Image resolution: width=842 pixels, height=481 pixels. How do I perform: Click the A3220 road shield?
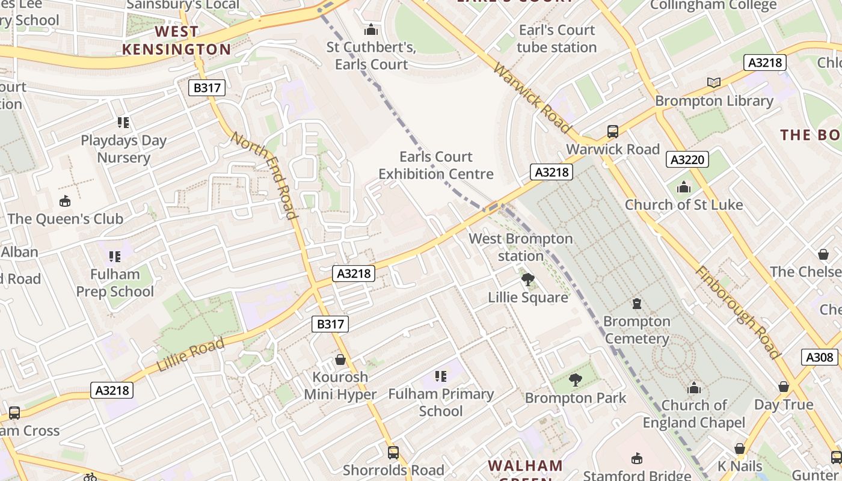pos(687,159)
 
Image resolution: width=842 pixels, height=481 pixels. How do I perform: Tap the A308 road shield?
pos(819,357)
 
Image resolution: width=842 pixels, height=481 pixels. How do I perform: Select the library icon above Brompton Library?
pos(714,83)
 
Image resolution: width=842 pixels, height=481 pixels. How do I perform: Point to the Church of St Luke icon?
pos(683,187)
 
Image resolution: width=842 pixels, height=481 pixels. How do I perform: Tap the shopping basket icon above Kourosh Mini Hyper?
pos(340,360)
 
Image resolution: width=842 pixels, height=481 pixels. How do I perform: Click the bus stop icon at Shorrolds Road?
pos(393,452)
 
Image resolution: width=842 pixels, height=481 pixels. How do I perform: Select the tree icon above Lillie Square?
pos(527,280)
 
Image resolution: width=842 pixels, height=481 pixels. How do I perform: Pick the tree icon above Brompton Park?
pos(575,379)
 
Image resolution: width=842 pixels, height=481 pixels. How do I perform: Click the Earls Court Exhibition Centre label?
pos(436,165)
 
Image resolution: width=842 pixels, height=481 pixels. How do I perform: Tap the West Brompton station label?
pos(520,247)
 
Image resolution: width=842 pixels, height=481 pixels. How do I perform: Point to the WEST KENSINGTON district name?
pos(176,40)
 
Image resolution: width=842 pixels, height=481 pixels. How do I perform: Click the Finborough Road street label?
pos(737,311)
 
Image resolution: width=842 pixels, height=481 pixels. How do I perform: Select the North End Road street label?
pos(265,175)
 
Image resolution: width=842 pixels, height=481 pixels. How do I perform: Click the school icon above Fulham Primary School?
pos(441,376)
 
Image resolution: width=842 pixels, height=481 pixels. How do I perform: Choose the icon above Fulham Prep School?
pos(114,257)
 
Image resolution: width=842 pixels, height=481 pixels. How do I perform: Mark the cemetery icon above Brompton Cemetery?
pos(636,304)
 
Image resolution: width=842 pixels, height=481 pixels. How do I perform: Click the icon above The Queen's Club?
pos(65,201)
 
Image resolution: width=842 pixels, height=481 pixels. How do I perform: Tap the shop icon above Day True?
pos(783,387)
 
